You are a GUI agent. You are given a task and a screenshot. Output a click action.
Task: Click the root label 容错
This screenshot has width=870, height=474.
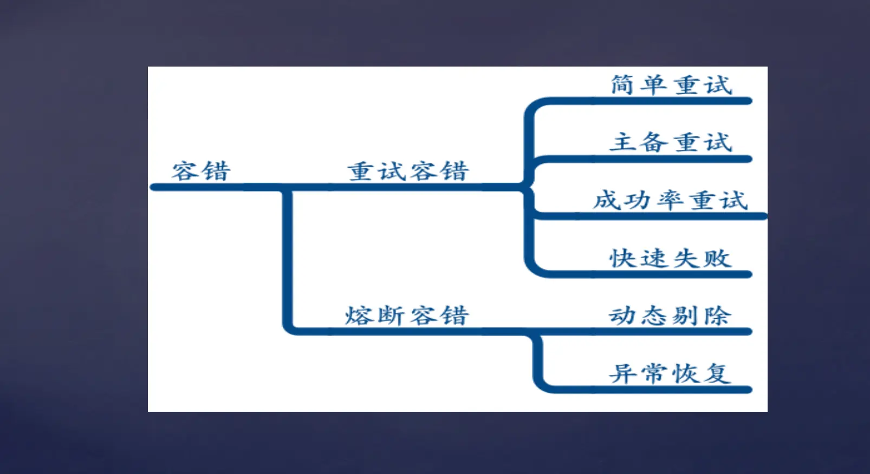click(201, 171)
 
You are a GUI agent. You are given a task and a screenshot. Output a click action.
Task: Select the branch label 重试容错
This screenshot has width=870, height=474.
click(408, 171)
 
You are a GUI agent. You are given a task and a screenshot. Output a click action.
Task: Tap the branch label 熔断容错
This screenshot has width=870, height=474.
click(407, 315)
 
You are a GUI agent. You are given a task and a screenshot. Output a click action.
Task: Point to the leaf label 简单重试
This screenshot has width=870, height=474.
click(671, 85)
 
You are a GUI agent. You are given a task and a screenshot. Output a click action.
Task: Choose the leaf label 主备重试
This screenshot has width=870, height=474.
click(671, 142)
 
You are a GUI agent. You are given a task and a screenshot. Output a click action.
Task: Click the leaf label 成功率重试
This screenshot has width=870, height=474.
click(671, 200)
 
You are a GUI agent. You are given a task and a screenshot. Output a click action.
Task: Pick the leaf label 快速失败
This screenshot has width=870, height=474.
click(671, 258)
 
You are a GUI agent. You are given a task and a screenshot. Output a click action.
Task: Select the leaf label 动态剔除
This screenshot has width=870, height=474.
click(670, 315)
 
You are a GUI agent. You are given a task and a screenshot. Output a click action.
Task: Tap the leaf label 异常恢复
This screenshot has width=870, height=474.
click(670, 373)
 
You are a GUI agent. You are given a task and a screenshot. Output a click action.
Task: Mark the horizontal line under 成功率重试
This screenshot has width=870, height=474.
click(650, 216)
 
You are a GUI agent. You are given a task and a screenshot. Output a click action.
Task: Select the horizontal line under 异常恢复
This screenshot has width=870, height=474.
click(650, 390)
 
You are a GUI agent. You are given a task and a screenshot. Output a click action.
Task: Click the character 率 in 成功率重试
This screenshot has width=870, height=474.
click(671, 200)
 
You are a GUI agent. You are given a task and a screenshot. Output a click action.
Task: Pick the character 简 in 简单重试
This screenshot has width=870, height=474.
click(623, 85)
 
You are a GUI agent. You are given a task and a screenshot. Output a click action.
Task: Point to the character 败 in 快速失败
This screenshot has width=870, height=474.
click(718, 258)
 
